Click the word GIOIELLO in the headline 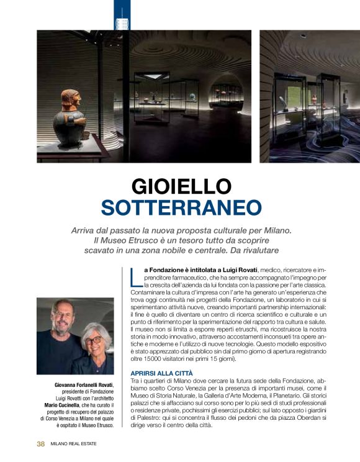point(181,186)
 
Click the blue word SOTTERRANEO point(181,207)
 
